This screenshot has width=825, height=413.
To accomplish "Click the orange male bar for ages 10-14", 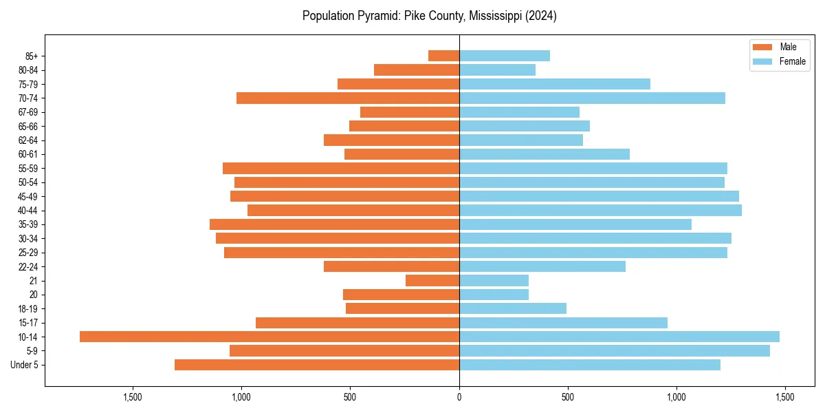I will pos(269,337).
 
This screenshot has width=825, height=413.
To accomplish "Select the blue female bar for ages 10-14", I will pos(619,337).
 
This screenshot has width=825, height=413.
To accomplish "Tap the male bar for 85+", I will pos(443,56).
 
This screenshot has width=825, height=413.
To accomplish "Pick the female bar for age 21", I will pos(494,280).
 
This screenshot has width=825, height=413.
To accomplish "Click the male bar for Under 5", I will pos(317,365).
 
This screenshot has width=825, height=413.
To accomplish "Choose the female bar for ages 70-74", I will pos(592,98).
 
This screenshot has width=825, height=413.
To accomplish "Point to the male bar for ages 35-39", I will pos(334,224).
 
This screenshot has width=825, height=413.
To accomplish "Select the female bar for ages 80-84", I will pos(497,70).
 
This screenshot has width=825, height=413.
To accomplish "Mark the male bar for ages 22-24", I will pos(391,266).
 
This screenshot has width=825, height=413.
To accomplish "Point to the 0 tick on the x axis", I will pos(459,397).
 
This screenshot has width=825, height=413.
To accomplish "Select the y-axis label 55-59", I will pos(28,168).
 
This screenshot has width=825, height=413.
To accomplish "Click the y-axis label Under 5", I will pos(25,365).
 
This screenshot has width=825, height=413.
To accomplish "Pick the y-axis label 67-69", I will pos(28,112).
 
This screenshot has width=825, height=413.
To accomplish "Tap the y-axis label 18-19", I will pos(28,308).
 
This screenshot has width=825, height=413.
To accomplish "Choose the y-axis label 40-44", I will pos(28,210).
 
